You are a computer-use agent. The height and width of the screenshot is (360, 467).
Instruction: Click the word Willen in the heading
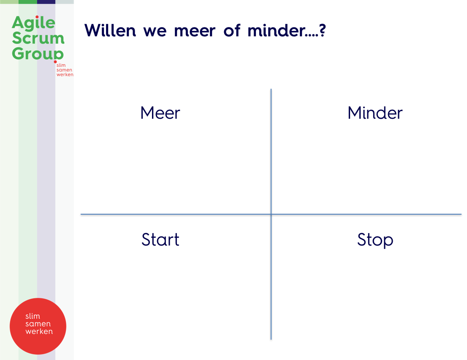pos(110,30)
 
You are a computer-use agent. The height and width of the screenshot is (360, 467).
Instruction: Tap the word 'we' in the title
pos(155,32)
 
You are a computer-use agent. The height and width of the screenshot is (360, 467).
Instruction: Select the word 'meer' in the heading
pos(195,32)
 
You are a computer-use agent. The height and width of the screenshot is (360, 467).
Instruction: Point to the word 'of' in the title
pos(232,30)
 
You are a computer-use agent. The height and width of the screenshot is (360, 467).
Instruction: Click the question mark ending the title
pos(323,30)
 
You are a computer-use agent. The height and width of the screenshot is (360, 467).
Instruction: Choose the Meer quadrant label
pos(160,113)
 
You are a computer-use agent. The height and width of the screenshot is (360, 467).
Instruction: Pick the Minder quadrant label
pos(375,113)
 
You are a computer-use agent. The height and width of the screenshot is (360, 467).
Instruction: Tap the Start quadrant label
pos(160,239)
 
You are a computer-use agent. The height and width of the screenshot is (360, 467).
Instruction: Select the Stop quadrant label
pos(375,240)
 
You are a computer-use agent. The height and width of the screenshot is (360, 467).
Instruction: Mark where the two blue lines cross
pos(271,214)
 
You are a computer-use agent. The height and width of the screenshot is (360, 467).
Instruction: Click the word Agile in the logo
pos(33,23)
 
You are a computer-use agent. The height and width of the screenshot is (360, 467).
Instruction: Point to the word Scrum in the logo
pos(38,38)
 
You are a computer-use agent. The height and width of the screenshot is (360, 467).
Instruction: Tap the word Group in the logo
pos(38,54)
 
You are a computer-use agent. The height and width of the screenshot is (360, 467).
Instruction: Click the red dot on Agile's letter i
pos(37,17)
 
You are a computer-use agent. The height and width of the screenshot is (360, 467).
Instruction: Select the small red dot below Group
pos(55,62)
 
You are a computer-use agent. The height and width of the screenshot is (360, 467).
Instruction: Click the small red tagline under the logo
pos(65,70)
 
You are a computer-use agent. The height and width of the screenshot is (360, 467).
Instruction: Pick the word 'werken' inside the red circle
pos(39,331)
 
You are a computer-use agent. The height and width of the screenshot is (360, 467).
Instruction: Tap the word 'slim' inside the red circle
pos(33,316)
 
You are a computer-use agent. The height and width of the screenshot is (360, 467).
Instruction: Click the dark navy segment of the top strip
pos(46,2)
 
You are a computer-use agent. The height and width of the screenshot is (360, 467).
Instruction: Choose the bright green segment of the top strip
pos(28,2)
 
